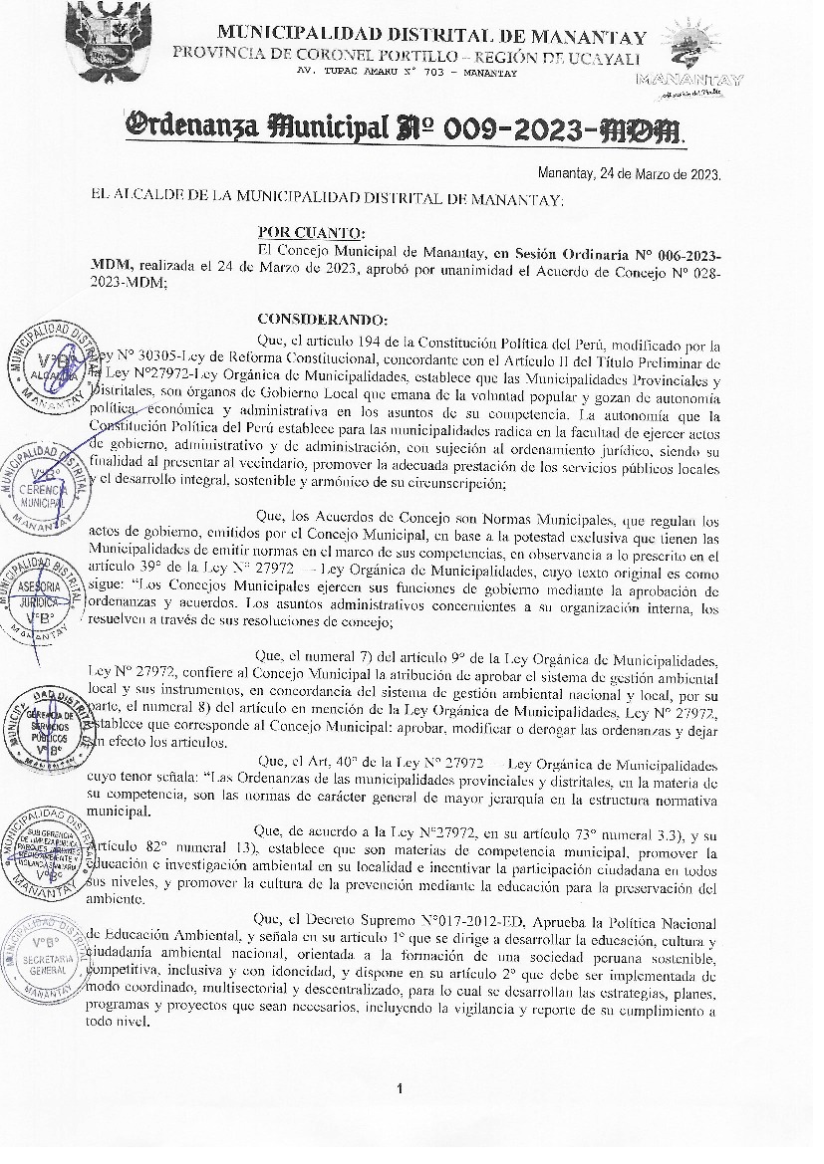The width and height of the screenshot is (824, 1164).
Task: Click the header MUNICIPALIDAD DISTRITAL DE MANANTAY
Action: pos(431,37)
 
